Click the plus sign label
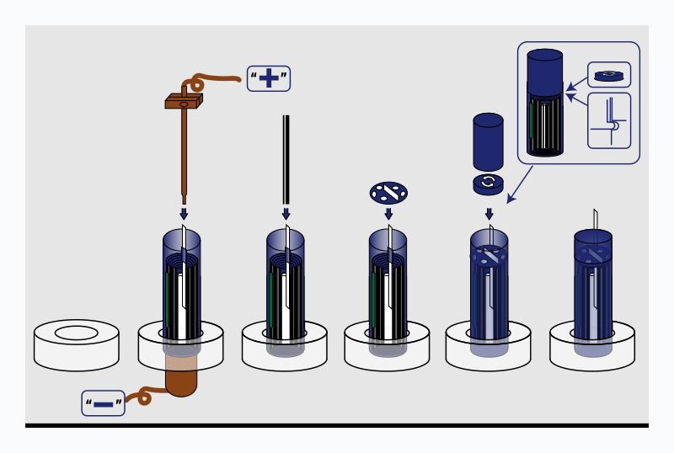click(268, 78)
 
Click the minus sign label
click(104, 403)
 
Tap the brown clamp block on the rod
click(184, 101)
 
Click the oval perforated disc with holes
click(388, 193)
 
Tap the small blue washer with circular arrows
click(488, 184)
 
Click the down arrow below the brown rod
click(184, 213)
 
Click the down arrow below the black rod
click(286, 213)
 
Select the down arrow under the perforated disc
click(388, 213)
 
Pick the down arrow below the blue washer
click(489, 213)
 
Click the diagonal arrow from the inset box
click(520, 185)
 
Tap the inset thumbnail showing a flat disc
click(608, 75)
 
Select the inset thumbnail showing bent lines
click(608, 120)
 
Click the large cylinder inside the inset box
click(544, 103)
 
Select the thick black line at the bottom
click(337, 425)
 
